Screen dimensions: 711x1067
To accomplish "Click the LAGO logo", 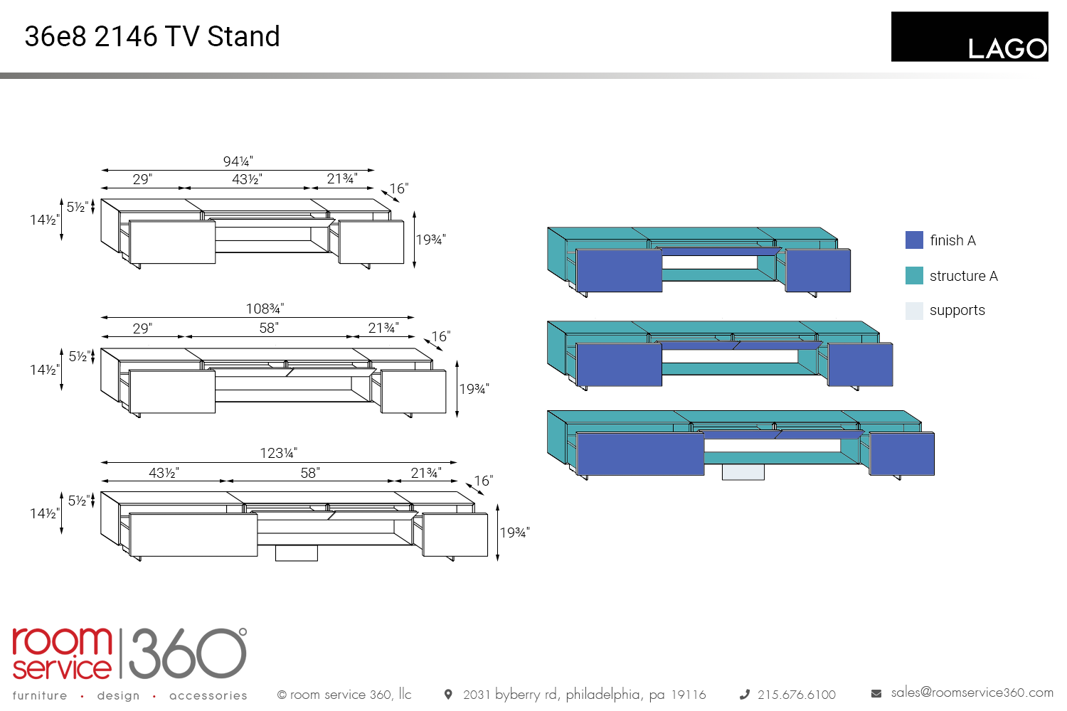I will pyautogui.click(x=969, y=37).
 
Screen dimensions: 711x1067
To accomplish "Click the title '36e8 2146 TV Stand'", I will pyautogui.click(x=152, y=36).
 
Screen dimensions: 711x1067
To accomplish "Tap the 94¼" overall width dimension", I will pyautogui.click(x=238, y=161).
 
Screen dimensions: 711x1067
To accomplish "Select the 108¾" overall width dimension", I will pyautogui.click(x=265, y=309).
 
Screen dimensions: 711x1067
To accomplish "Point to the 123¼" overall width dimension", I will pyautogui.click(x=278, y=453).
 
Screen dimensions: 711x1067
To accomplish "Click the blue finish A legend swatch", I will pyautogui.click(x=914, y=240).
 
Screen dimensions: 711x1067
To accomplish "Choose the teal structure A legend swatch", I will pyautogui.click(x=914, y=276).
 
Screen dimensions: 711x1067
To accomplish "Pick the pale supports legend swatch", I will pyautogui.click(x=914, y=311).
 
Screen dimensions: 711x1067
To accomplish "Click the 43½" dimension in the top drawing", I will pyautogui.click(x=247, y=179).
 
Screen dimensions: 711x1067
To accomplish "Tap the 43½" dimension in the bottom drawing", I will pyautogui.click(x=164, y=473).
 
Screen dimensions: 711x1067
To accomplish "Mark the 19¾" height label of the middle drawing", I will pyautogui.click(x=474, y=389).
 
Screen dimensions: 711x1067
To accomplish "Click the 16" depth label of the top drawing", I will pyautogui.click(x=398, y=188).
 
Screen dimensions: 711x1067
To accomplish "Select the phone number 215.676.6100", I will pyautogui.click(x=796, y=695).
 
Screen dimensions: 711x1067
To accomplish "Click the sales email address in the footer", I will pyautogui.click(x=972, y=693).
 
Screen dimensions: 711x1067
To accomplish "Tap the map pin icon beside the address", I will pyautogui.click(x=448, y=695).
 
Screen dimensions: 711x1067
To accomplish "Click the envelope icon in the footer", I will pyautogui.click(x=876, y=693).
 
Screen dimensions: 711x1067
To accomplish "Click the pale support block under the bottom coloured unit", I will pyautogui.click(x=743, y=472).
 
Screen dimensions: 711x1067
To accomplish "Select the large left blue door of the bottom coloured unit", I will pyautogui.click(x=640, y=454).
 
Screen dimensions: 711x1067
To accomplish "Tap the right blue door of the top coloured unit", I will pyautogui.click(x=818, y=270).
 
